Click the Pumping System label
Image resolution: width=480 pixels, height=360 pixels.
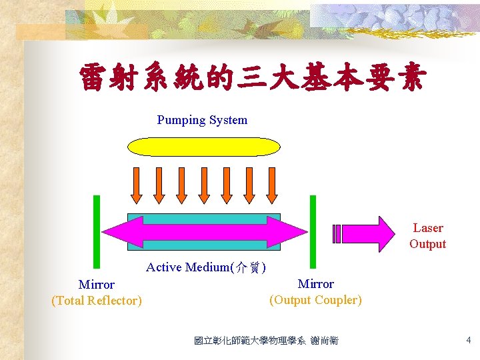pos(202,120)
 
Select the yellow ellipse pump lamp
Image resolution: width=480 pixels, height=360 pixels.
pos(204,146)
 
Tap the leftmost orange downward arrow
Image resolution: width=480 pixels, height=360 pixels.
pos(136,184)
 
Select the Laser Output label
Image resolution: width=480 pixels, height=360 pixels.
pos(427,236)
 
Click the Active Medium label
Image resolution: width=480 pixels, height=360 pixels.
pos(206,267)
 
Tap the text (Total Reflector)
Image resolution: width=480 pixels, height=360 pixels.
pos(97,301)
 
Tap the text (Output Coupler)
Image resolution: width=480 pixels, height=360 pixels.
pos(315,300)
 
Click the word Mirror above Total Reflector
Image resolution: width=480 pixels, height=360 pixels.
pos(97,285)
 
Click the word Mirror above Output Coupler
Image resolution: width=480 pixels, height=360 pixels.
pos(315,284)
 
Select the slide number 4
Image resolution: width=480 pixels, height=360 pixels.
pos(468,341)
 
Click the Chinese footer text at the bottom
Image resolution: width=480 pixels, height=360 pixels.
pos(266,341)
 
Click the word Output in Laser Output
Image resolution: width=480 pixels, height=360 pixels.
pos(427,244)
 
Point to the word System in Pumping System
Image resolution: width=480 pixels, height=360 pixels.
pos(228,120)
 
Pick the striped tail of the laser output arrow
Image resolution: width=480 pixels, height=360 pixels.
pos(337,233)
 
